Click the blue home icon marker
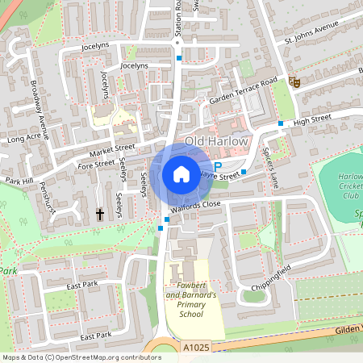point(181,173)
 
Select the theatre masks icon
point(294,81)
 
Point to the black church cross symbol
point(100,215)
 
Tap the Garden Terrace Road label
point(242,90)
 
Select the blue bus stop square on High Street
point(281,123)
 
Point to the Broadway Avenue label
point(40,104)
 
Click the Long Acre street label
point(24,139)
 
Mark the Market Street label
point(113,148)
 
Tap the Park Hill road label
point(22,180)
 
